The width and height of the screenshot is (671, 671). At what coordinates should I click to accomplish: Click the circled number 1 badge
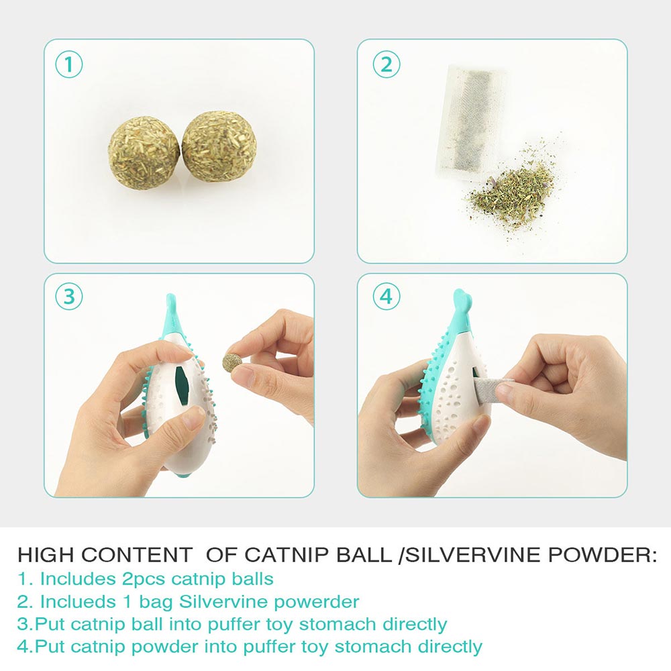pos(69,65)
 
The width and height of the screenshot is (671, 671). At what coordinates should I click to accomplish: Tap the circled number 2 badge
pos(386,65)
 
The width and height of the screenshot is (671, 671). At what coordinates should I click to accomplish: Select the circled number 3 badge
pos(69,296)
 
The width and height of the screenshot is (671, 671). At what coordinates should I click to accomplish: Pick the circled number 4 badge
pos(386,296)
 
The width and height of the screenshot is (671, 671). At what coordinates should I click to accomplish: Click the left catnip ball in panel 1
pos(144,152)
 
